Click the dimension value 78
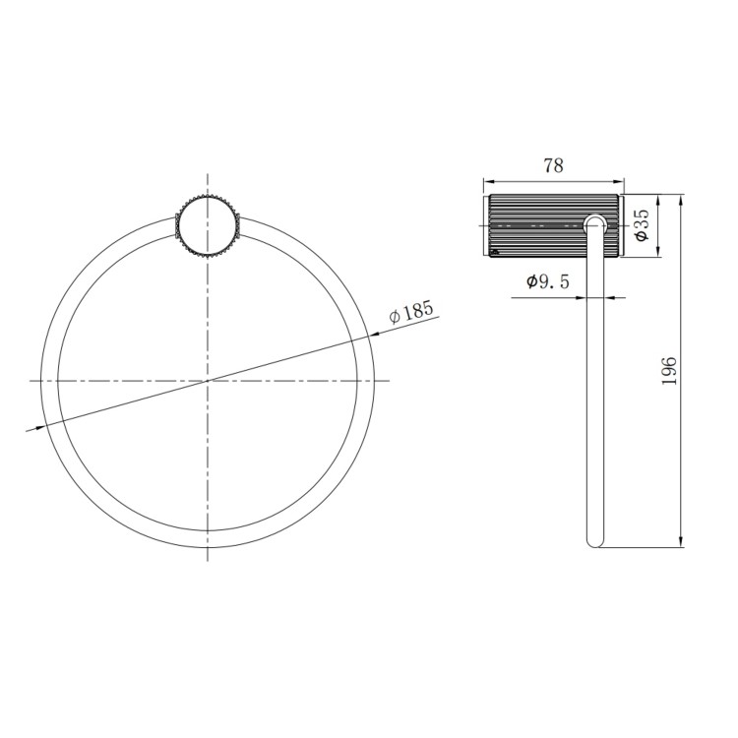(x=553, y=165)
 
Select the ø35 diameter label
(x=641, y=225)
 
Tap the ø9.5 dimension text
(x=548, y=281)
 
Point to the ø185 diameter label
(x=411, y=313)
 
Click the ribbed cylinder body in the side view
(x=536, y=226)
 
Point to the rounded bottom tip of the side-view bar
(x=594, y=540)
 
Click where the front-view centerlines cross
(x=208, y=380)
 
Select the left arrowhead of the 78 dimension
(x=487, y=181)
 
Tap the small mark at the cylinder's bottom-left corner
(x=493, y=252)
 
